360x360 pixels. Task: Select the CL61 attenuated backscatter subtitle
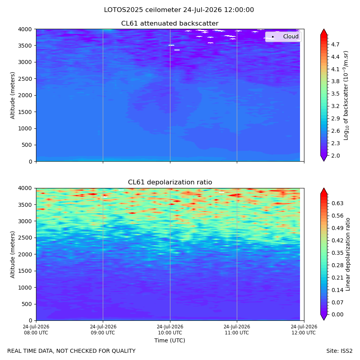(170, 24)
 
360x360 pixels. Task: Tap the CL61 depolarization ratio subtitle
(170, 182)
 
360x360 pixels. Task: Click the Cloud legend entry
(291, 36)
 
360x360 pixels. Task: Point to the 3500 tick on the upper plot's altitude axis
(25, 46)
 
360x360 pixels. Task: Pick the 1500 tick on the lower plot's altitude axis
(25, 271)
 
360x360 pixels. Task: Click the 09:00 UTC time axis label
(103, 330)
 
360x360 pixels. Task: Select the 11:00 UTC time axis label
(237, 330)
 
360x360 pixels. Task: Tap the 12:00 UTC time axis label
(304, 330)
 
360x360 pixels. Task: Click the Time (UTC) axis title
(170, 340)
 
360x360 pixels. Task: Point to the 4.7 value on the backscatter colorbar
(335, 44)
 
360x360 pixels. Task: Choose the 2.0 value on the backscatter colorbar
(335, 156)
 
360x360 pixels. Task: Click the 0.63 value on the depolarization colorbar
(338, 204)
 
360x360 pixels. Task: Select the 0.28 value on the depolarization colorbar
(338, 266)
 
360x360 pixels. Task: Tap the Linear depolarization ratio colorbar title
(348, 254)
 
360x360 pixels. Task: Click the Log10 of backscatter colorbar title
(346, 96)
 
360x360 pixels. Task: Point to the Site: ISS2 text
(339, 351)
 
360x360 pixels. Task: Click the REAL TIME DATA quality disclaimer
(72, 351)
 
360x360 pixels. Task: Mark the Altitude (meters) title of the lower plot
(12, 254)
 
